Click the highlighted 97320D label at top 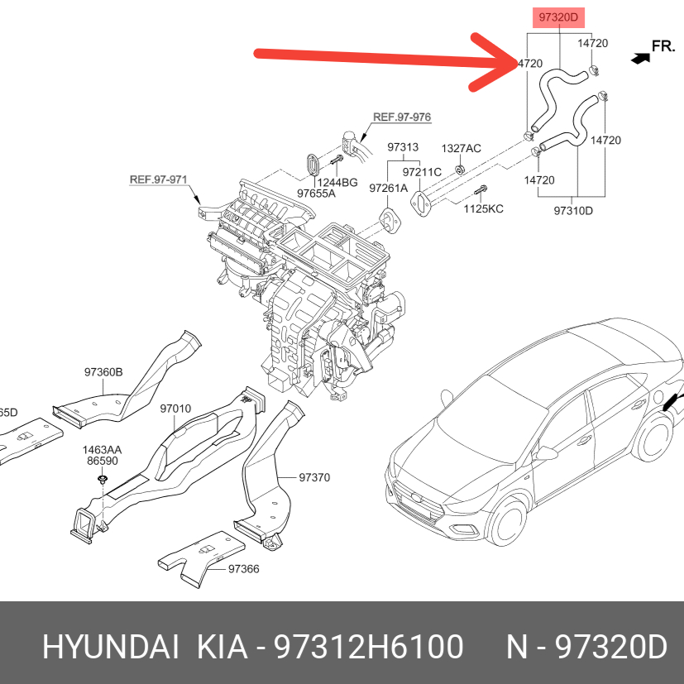(558, 17)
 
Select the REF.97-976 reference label (402, 117)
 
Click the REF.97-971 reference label (158, 179)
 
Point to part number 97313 (403, 147)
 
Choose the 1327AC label (461, 148)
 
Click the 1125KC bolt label (483, 208)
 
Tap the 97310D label (573, 211)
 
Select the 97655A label (316, 194)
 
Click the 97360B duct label (103, 372)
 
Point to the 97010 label (175, 409)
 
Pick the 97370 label (314, 477)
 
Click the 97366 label (244, 569)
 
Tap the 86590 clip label (103, 461)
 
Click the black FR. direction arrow (640, 58)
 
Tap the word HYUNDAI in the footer (111, 647)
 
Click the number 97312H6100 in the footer (368, 647)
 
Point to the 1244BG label (337, 182)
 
